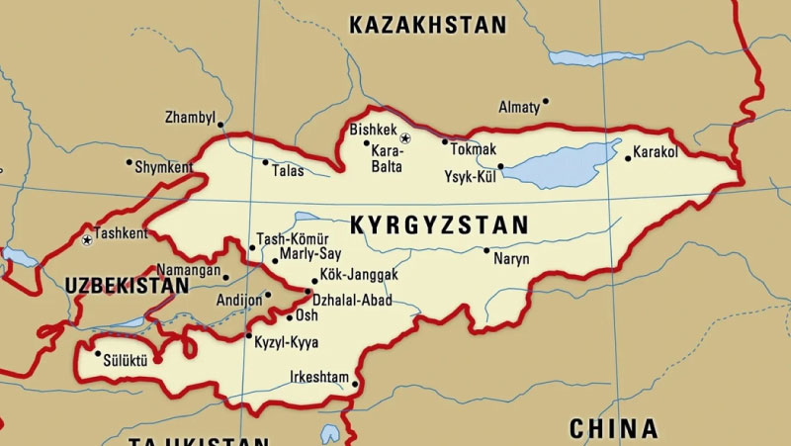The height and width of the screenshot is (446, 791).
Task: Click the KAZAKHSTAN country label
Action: [x=428, y=25]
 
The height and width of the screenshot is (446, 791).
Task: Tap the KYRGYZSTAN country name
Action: [x=439, y=224]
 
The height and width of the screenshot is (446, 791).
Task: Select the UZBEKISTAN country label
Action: [x=127, y=286]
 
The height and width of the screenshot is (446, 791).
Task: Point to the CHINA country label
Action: [x=613, y=428]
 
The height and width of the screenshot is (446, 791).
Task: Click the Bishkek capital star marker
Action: [x=404, y=137]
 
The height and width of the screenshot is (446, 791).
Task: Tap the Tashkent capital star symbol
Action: [x=88, y=239]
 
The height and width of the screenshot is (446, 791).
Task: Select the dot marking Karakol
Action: [x=626, y=157]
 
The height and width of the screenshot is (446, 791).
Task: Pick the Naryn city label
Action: [x=511, y=259]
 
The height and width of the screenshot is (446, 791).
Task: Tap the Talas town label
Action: [x=288, y=171]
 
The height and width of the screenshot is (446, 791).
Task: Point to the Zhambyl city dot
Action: [x=220, y=125]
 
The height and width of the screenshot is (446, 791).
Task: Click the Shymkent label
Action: [x=163, y=167]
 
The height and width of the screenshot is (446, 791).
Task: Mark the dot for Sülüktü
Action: [x=97, y=353]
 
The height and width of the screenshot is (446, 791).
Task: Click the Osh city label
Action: [x=308, y=316]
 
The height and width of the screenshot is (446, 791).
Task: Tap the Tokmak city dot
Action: [x=445, y=141]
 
